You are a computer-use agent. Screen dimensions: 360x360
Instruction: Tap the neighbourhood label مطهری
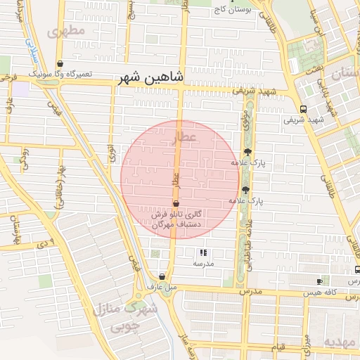click(65, 31)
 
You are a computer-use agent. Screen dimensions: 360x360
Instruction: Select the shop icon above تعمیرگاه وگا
click(60, 63)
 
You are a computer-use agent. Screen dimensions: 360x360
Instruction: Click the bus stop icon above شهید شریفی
click(303, 109)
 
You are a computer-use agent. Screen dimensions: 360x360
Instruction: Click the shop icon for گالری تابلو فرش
click(175, 204)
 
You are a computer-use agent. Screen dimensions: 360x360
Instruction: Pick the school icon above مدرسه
click(203, 252)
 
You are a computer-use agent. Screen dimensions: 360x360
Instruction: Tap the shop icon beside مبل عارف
click(162, 277)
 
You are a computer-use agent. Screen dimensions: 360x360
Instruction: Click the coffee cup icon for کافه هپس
click(320, 281)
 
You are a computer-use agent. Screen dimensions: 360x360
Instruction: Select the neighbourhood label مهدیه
click(341, 342)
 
